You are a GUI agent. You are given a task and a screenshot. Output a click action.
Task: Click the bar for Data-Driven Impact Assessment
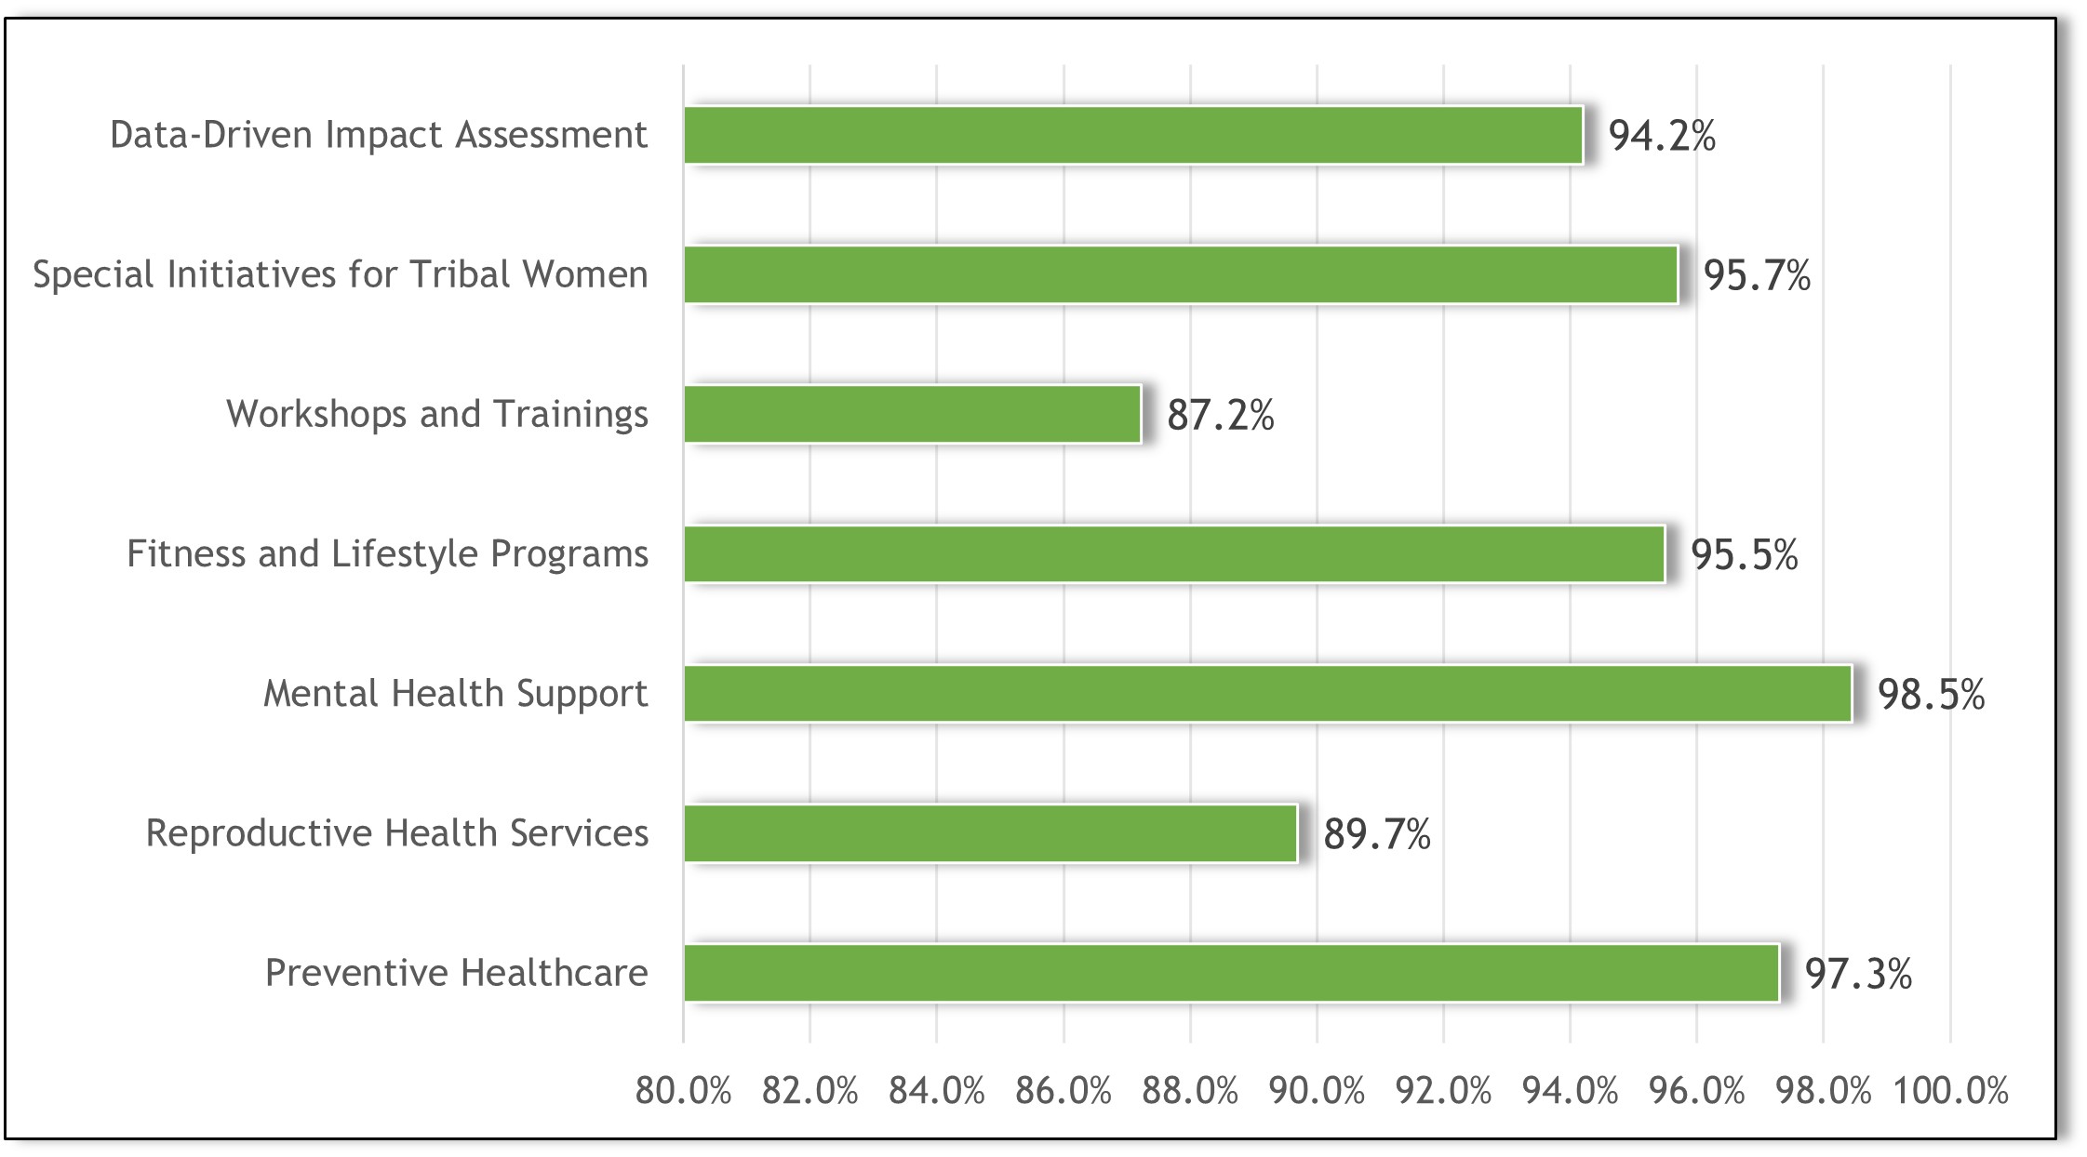1132,135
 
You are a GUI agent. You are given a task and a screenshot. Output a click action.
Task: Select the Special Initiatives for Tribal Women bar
1180,274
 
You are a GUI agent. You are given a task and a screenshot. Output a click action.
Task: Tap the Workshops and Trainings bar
912,414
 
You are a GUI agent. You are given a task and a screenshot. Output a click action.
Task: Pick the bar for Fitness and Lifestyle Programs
1173,553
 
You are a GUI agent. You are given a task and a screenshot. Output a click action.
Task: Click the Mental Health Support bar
1267,693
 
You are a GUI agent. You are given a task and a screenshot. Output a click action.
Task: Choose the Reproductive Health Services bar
990,833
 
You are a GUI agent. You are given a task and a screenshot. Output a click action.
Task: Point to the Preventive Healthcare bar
1231,973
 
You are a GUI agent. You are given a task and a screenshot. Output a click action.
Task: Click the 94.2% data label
1662,137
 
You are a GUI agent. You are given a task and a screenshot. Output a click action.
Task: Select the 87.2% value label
1220,416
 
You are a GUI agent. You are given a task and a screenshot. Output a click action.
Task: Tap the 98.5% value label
1931,695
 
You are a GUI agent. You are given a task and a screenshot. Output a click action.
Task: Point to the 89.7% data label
1376,834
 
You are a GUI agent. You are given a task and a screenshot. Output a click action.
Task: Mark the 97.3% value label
1858,975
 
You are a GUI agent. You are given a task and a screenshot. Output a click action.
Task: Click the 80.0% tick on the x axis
683,1091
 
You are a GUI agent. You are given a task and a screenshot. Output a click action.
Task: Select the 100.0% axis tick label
1951,1091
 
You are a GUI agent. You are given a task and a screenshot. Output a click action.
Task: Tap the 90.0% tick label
1317,1091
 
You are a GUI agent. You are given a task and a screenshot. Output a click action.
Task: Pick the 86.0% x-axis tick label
1064,1091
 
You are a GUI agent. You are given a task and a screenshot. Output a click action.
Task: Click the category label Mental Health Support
455,694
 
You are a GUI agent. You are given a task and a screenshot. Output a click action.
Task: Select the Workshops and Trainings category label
436,414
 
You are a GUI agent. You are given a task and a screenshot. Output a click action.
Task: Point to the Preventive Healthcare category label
456,973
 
